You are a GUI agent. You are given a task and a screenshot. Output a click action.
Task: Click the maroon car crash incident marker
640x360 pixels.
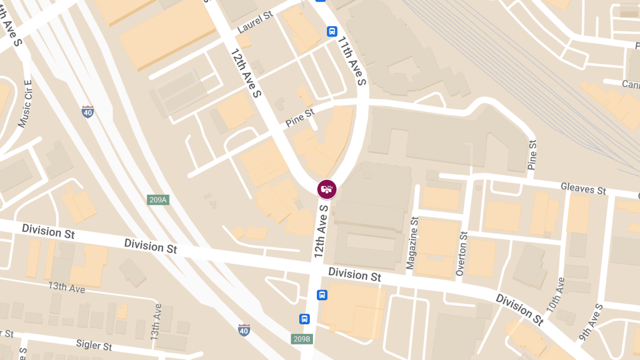click(x=327, y=189)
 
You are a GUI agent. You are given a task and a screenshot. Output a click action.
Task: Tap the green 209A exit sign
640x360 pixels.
click(x=158, y=200)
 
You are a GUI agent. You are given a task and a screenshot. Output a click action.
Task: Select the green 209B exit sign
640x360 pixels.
click(x=302, y=339)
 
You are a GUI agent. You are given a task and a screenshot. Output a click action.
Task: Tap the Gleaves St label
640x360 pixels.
click(x=583, y=188)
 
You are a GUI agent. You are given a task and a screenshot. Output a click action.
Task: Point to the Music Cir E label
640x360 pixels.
click(x=25, y=104)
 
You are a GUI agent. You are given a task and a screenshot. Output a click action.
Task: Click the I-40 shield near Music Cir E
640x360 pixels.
click(x=88, y=111)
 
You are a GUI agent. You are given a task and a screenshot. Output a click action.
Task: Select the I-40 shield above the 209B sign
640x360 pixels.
click(x=244, y=330)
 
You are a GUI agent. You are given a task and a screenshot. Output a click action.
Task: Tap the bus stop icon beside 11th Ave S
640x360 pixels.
click(x=332, y=31)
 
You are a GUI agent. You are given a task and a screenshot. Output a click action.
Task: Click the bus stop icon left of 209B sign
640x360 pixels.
click(x=305, y=319)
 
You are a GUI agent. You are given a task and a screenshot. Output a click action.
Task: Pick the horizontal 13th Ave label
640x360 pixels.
click(x=67, y=287)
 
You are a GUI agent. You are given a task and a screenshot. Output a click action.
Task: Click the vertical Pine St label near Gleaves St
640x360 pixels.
click(x=532, y=155)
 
